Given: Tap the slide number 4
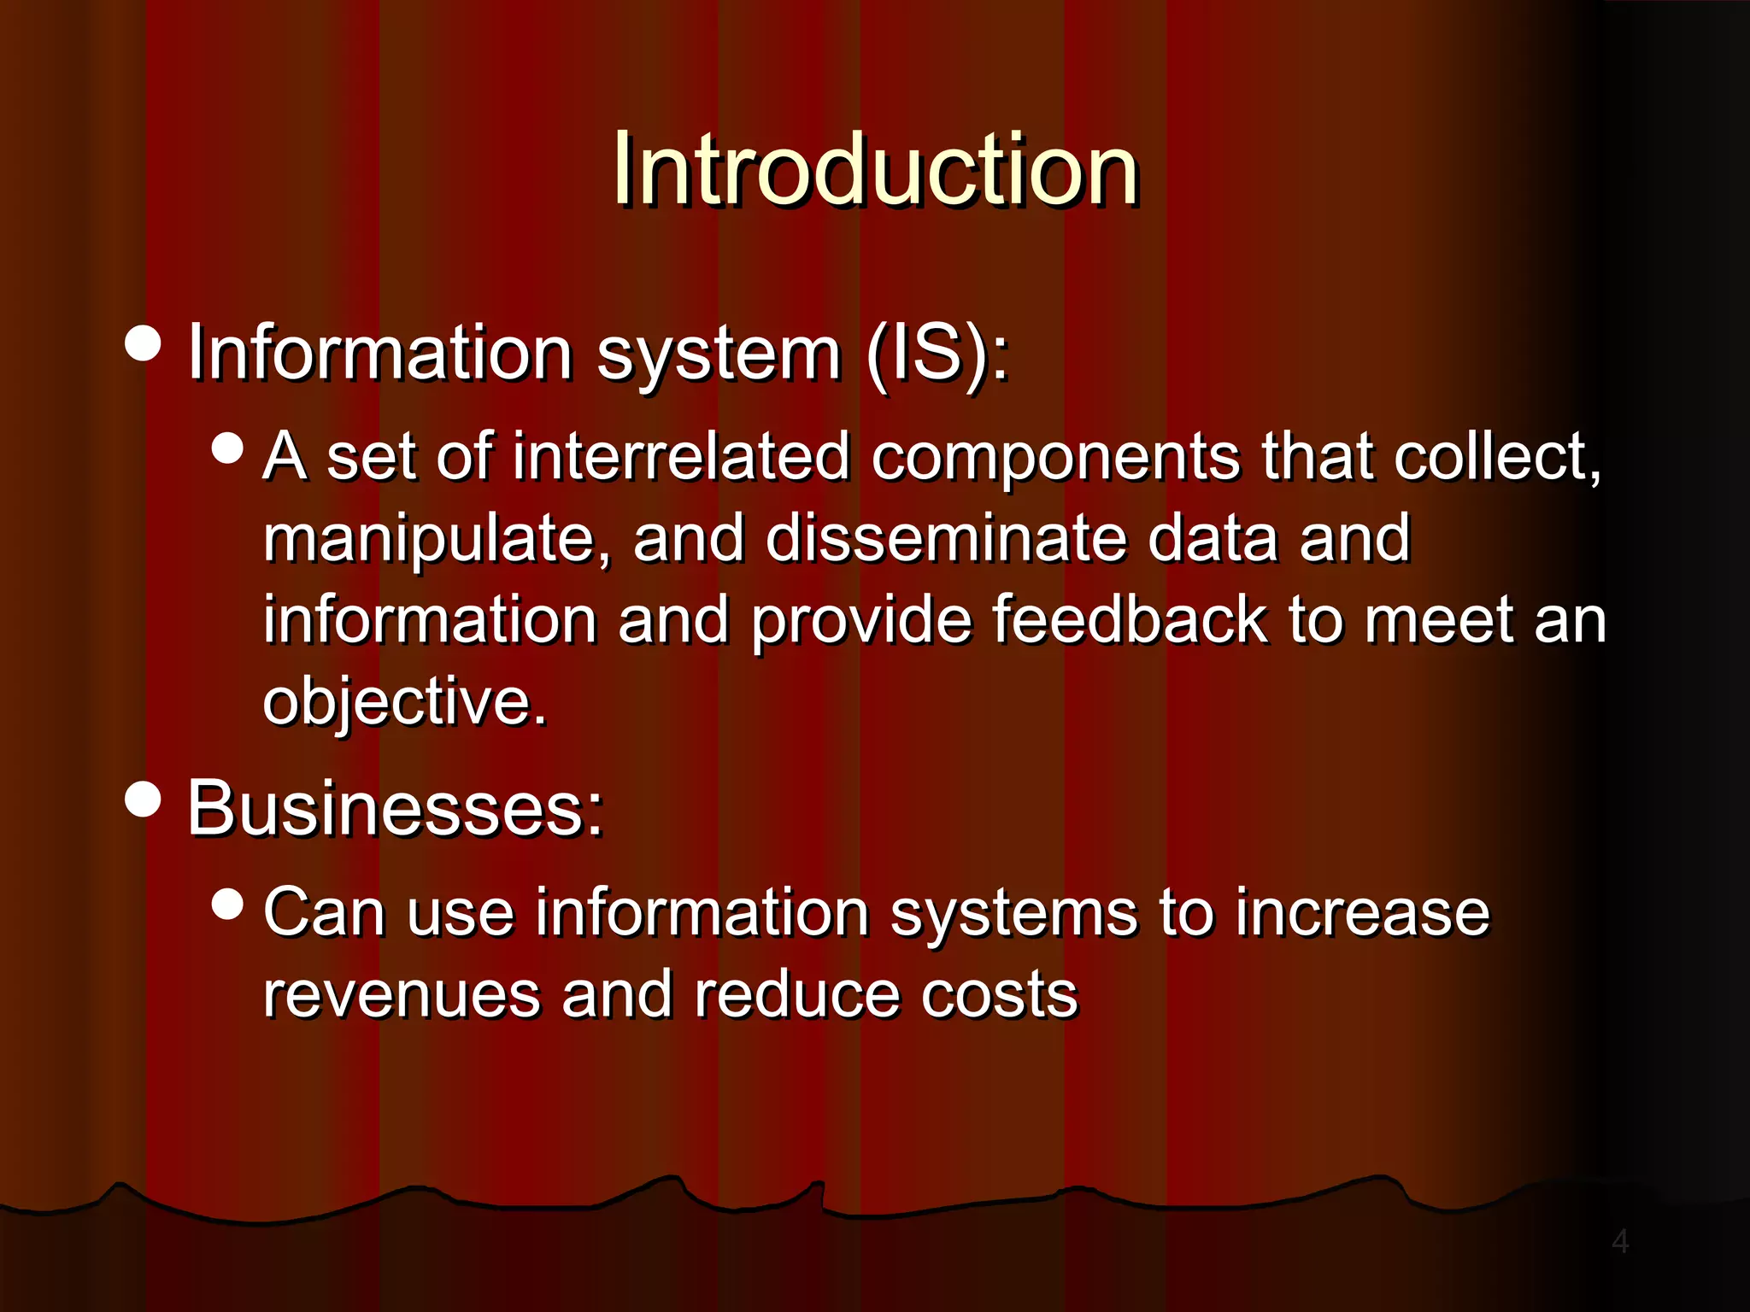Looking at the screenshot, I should click(x=1619, y=1241).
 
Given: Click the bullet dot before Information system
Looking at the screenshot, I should click(x=143, y=343).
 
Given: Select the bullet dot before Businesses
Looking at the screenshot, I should click(x=143, y=799).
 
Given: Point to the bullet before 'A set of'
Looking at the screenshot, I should click(x=227, y=448).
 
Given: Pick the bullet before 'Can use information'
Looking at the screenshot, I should click(x=227, y=904).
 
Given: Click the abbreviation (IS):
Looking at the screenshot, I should click(x=937, y=353).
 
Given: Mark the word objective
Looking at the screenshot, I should click(x=403, y=702).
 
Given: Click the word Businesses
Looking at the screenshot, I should click(x=395, y=808).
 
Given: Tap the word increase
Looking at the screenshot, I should click(x=1363, y=912).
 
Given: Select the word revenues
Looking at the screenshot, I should click(x=402, y=995).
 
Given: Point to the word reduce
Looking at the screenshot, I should click(x=797, y=995).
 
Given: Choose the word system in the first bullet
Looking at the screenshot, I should click(x=719, y=354).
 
